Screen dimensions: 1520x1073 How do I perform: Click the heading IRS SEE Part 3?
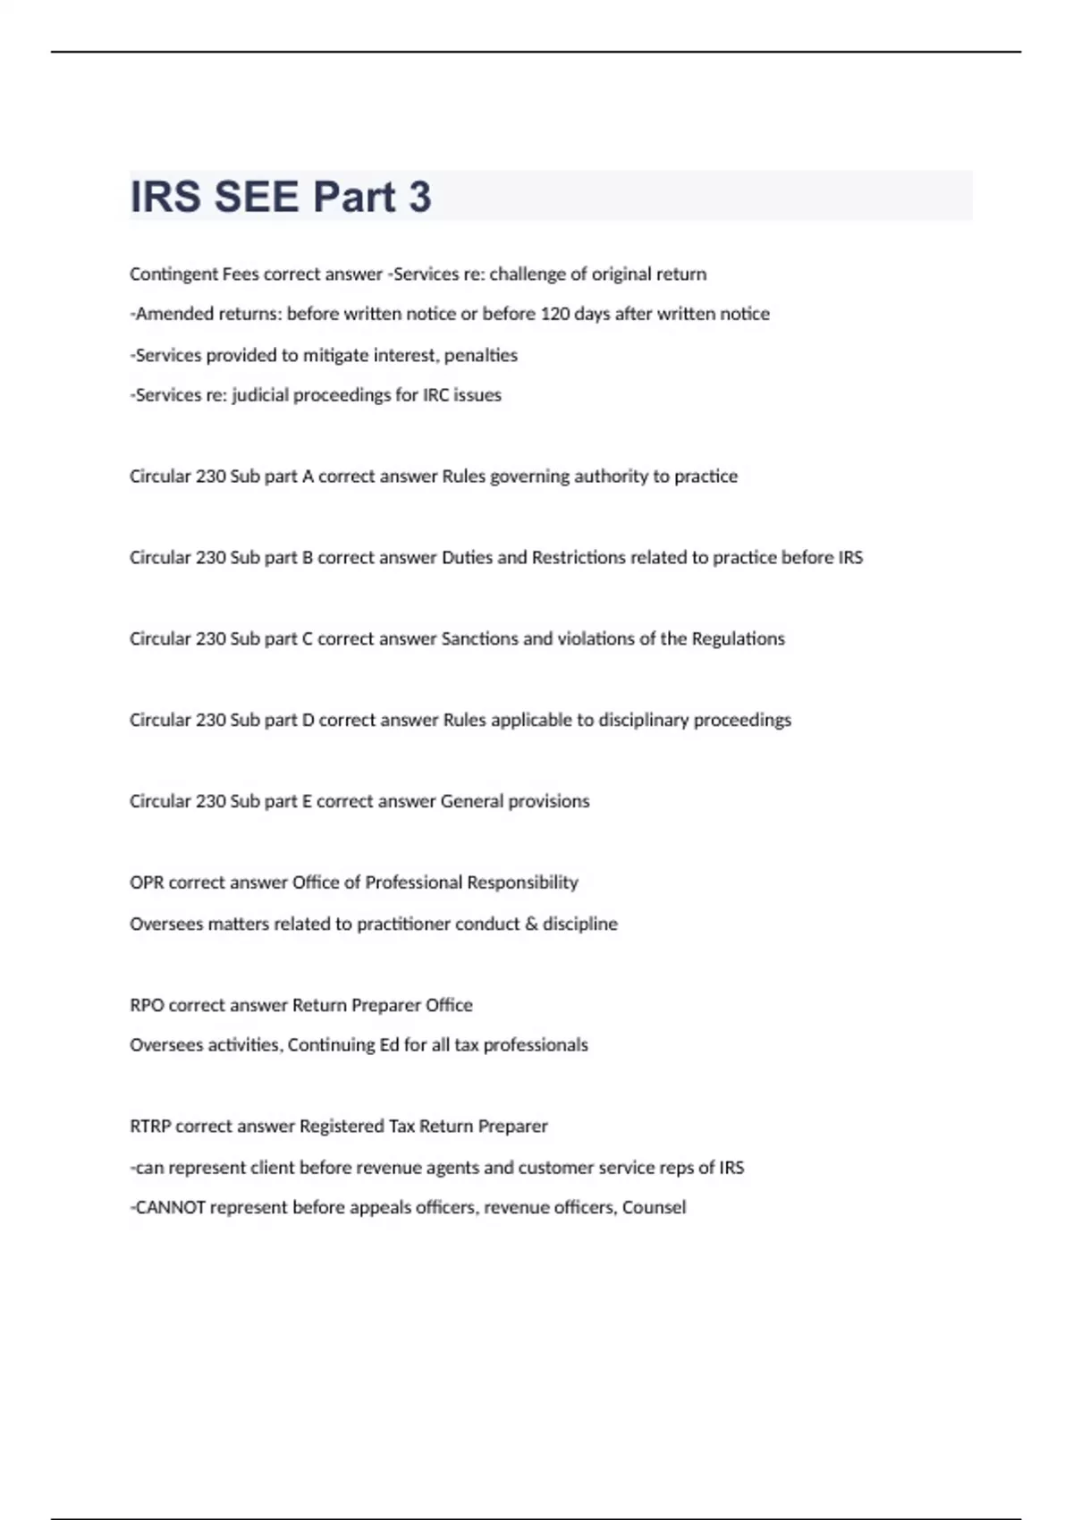[x=281, y=197]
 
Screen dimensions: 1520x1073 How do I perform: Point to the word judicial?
[x=259, y=395]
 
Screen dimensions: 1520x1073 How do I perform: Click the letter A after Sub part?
[x=308, y=477]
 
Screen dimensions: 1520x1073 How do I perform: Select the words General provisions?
[x=515, y=801]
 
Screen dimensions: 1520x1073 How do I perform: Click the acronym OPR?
[x=146, y=882]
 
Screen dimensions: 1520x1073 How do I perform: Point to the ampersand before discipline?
[x=531, y=924]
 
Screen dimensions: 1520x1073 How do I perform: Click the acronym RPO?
[x=146, y=1005]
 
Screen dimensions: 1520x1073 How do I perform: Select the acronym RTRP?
[x=149, y=1127]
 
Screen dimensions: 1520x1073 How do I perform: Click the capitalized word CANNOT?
[x=169, y=1208]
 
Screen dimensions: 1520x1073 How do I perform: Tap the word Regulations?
[x=738, y=639]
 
